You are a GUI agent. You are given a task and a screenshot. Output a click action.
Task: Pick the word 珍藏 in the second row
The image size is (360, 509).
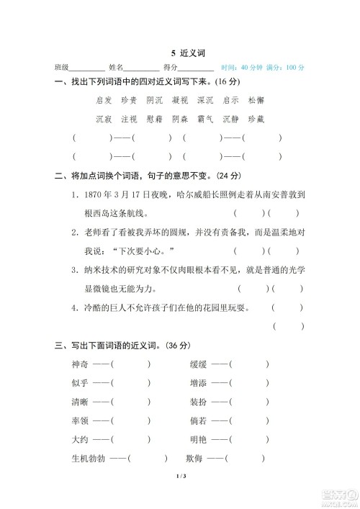click(256, 118)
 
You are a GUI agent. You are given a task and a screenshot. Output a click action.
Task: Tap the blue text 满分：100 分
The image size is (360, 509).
click(285, 67)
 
